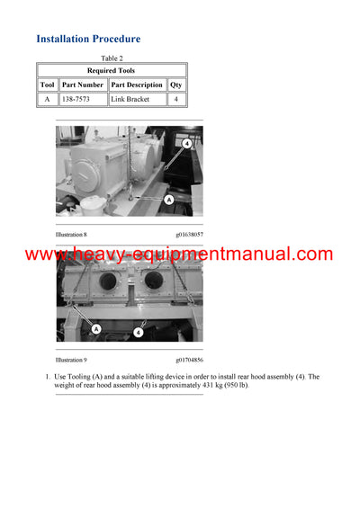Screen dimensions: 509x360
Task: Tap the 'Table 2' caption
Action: tap(112, 58)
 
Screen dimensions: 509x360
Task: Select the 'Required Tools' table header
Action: tap(112, 70)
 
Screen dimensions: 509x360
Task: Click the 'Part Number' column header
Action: tap(83, 85)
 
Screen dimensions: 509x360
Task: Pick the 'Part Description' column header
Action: tap(137, 85)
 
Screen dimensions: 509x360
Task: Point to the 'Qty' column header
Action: tap(175, 85)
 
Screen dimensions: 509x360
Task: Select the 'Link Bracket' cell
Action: tap(130, 99)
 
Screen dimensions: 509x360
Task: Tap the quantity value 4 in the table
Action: tap(175, 99)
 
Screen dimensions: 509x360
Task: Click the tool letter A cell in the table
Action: tap(47, 99)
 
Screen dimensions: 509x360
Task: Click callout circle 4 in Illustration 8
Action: tap(186, 143)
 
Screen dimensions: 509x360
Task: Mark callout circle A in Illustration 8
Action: tap(168, 199)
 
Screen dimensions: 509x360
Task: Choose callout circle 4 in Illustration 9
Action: tap(138, 332)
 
